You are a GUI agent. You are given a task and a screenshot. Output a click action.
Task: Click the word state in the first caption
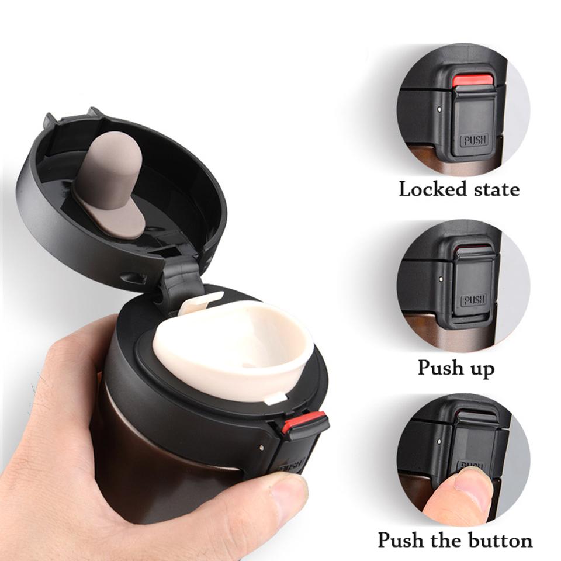(x=494, y=190)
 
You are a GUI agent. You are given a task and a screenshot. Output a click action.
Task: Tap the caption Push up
(x=456, y=368)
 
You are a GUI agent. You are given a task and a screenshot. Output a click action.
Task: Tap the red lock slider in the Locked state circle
(x=473, y=81)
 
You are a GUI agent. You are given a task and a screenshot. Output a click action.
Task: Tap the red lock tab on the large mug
(x=304, y=421)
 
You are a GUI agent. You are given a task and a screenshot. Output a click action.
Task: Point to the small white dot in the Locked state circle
(x=439, y=108)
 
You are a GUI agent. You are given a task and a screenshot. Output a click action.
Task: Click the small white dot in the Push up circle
(x=439, y=279)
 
